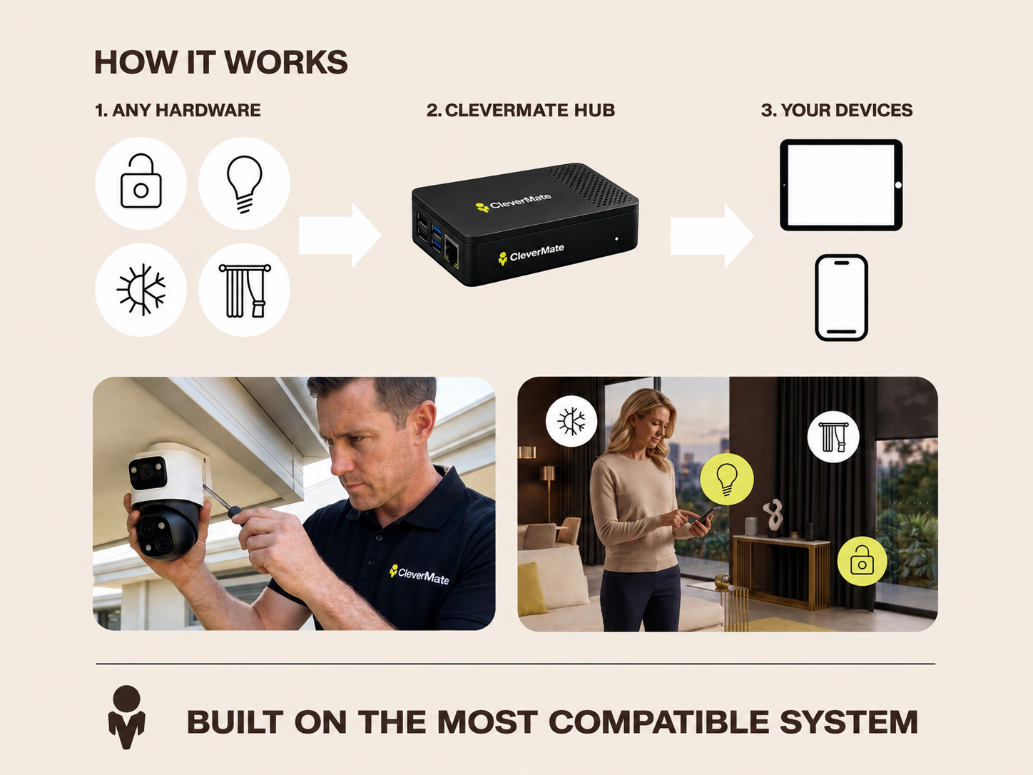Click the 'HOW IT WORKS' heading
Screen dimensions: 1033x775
[221, 62]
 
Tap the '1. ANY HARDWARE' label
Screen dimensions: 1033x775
[178, 110]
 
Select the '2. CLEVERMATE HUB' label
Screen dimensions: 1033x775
[521, 110]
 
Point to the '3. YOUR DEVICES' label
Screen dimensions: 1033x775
[837, 110]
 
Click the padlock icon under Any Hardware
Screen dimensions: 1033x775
[141, 183]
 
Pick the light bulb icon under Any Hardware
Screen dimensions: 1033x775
[244, 183]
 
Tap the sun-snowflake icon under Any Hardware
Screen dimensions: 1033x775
[141, 290]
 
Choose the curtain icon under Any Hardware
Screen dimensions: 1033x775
[244, 290]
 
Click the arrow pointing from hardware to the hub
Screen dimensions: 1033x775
[340, 235]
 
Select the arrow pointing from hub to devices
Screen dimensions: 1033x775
[712, 235]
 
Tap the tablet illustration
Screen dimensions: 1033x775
[842, 185]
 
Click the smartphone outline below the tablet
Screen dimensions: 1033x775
[842, 298]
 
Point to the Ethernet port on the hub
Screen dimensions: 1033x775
[452, 253]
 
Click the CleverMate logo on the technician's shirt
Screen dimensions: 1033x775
[419, 574]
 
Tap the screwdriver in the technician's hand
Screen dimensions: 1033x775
[224, 503]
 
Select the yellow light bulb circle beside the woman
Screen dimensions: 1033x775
[727, 479]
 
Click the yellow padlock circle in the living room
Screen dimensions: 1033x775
[862, 561]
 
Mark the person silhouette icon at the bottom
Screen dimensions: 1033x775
[126, 717]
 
